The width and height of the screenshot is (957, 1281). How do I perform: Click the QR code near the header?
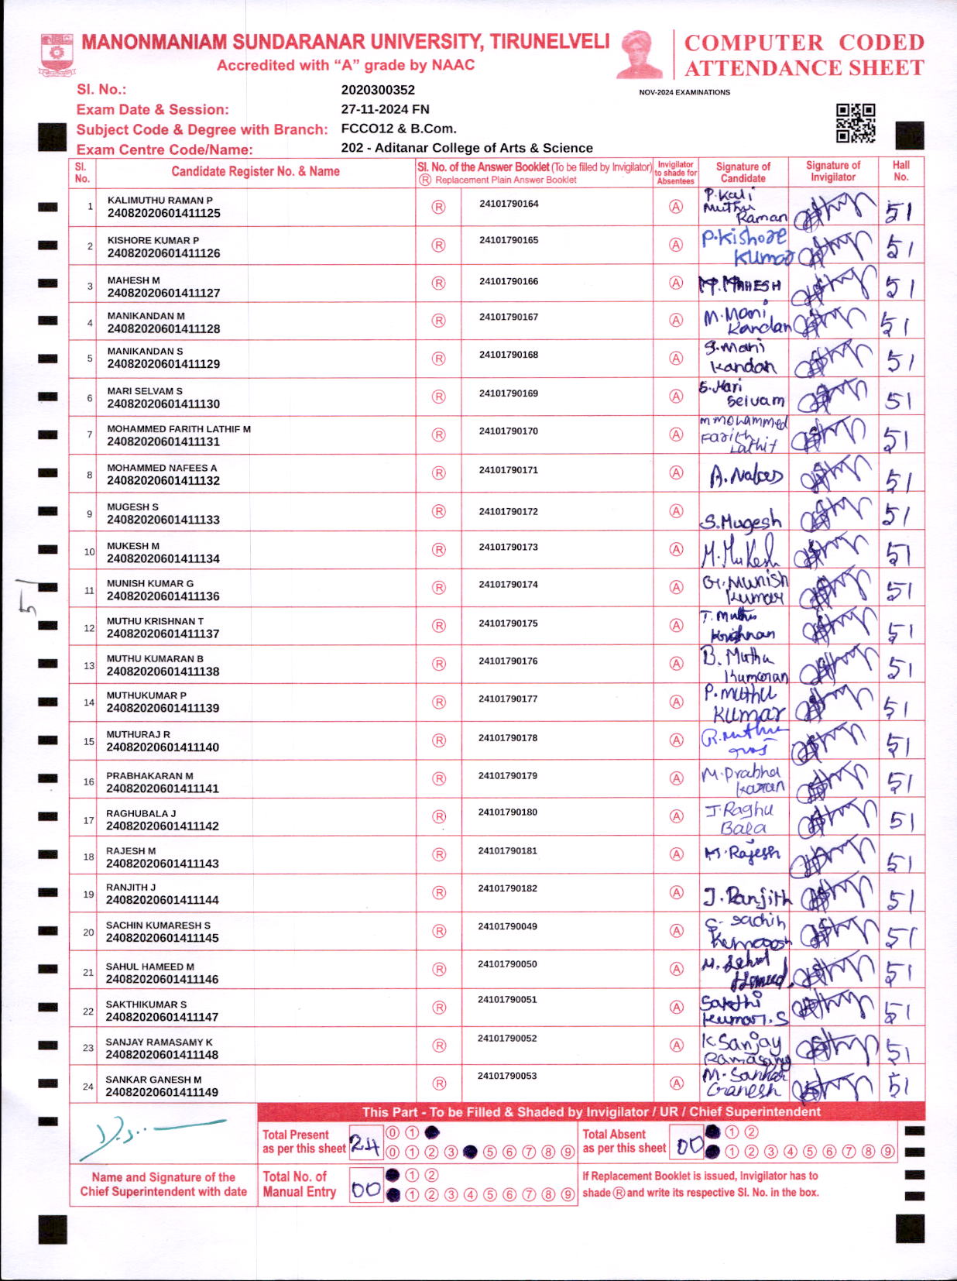[856, 123]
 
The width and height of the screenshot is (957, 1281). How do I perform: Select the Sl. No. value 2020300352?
[378, 90]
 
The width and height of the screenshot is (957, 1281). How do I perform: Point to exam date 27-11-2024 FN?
[385, 109]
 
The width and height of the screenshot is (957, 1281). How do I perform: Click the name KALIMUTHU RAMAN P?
[159, 200]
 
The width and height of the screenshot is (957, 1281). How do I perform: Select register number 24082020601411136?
[163, 596]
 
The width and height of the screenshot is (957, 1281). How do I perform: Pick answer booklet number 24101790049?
[507, 926]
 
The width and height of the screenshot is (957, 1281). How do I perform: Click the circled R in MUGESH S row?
[439, 511]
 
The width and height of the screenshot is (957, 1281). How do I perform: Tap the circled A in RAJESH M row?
[676, 854]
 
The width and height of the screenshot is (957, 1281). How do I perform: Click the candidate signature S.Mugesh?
[742, 521]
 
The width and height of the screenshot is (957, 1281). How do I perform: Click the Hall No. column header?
[900, 171]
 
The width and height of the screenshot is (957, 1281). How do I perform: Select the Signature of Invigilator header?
[832, 171]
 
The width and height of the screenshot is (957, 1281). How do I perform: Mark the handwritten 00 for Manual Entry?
[365, 1190]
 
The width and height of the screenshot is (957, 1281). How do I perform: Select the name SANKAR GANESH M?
[153, 1080]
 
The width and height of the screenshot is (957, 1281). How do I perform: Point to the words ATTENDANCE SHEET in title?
[804, 68]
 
